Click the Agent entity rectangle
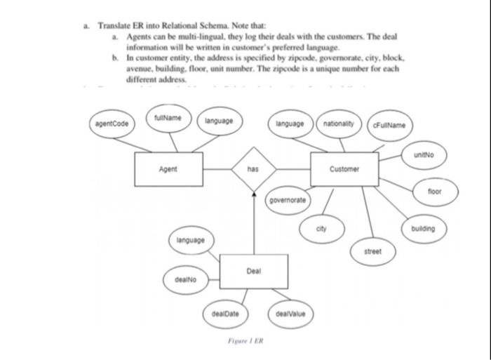(x=169, y=169)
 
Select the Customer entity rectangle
(x=344, y=169)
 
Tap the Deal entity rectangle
(x=253, y=270)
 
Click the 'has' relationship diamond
(x=253, y=169)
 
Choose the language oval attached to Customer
(x=290, y=124)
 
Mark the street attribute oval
(x=372, y=250)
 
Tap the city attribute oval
(x=322, y=229)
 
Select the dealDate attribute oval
(x=225, y=314)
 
